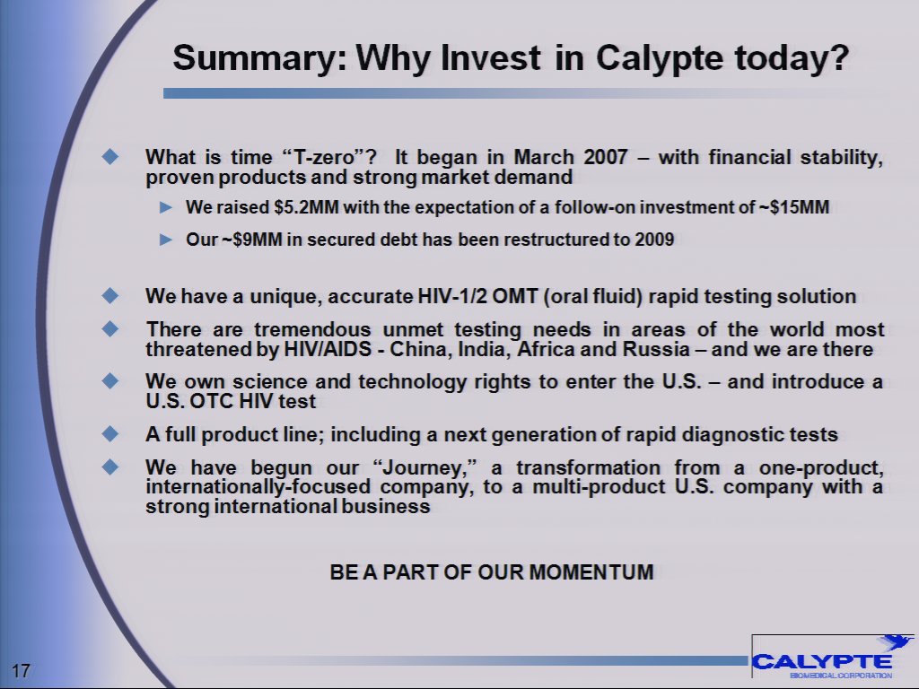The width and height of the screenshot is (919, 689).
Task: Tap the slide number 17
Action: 22,670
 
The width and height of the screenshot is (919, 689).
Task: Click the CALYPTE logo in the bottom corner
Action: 824,662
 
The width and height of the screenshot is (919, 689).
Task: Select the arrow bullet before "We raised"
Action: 164,208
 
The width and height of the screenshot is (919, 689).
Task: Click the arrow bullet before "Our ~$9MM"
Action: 164,241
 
